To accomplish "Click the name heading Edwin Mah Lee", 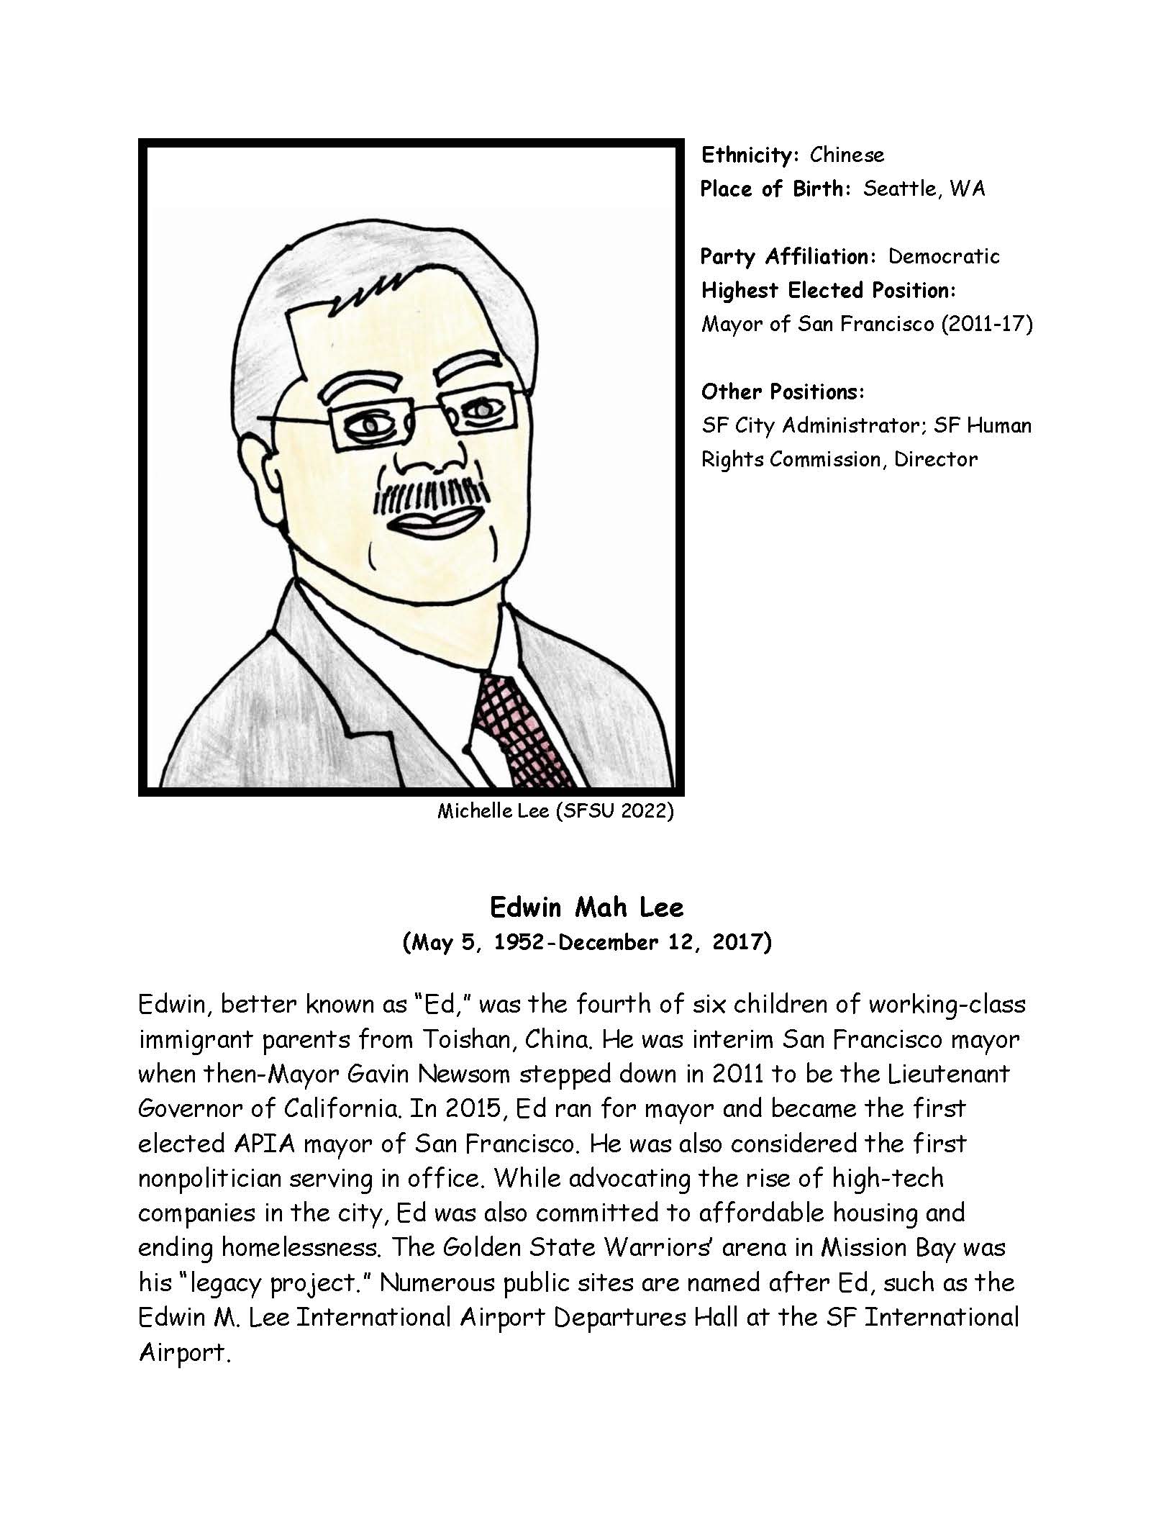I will [586, 908].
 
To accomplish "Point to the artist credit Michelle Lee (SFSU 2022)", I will [555, 811].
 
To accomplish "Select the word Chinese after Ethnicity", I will [847, 155].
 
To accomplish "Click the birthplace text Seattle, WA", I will [924, 189].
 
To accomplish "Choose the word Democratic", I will [944, 256].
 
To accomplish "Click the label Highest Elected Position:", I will [828, 290].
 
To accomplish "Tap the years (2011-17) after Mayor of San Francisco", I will [986, 325].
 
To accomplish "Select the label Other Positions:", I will [782, 392].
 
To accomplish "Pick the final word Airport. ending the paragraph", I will [183, 1352].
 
